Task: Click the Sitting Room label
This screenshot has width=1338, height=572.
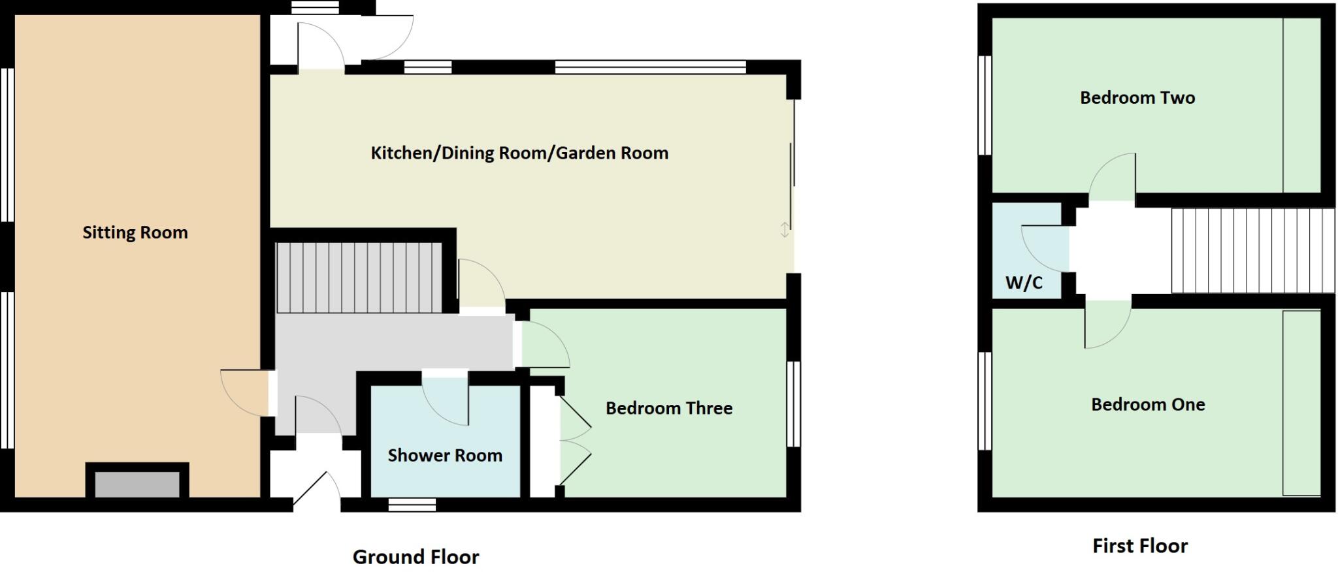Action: (135, 232)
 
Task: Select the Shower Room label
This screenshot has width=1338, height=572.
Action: (445, 455)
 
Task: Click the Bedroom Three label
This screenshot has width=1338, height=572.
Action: (669, 408)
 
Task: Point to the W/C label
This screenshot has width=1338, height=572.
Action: (1024, 283)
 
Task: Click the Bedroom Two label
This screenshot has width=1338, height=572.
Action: (1137, 98)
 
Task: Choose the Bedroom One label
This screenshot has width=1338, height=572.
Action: (1148, 404)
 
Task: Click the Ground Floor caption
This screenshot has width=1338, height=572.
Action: (416, 557)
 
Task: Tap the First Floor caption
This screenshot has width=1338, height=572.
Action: (1140, 546)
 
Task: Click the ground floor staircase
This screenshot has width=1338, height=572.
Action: (359, 278)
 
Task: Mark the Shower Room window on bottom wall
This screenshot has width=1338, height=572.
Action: (412, 504)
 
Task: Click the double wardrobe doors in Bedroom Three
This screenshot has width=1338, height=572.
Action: (575, 440)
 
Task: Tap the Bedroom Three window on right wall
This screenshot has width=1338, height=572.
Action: (793, 404)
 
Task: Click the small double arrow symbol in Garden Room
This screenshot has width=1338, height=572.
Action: (785, 230)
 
